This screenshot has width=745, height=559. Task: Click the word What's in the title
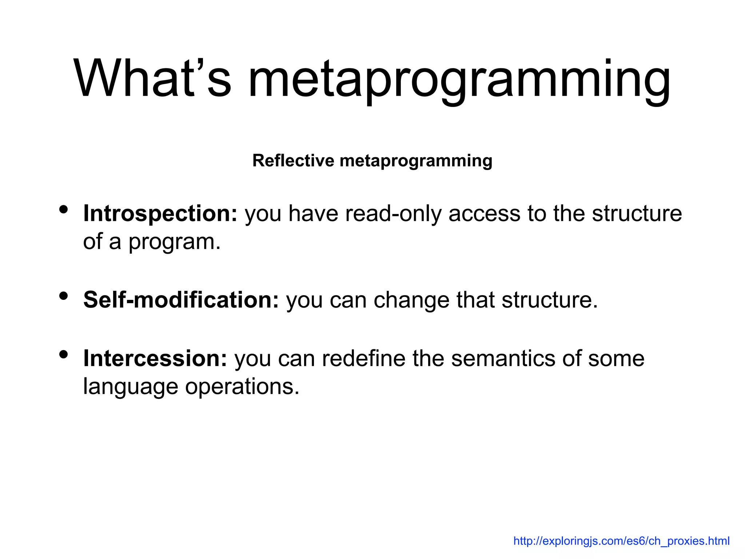(152, 79)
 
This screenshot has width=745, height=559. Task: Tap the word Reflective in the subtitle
(293, 160)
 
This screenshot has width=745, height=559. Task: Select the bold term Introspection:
(160, 214)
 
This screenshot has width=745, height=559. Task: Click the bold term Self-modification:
(181, 300)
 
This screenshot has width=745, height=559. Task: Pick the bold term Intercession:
(155, 358)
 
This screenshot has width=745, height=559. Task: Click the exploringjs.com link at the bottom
(621, 541)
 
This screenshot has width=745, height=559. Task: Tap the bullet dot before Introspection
(64, 209)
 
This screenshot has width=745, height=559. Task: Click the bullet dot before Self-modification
(64, 296)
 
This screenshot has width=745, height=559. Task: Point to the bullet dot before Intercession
(64, 354)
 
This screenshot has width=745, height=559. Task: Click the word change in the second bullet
(411, 301)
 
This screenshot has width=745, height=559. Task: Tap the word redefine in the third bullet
(363, 358)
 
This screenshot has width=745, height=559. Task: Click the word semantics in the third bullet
(503, 358)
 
